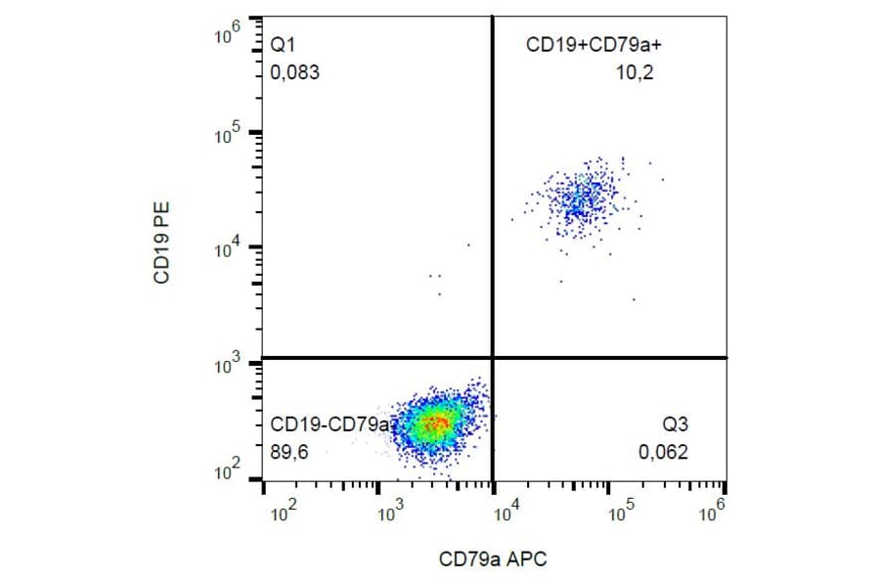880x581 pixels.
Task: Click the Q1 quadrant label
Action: (282, 46)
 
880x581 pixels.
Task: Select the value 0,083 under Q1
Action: (294, 72)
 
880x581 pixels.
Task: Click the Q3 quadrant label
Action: (675, 425)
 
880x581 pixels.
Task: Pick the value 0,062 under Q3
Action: (664, 452)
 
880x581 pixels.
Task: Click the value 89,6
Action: (290, 452)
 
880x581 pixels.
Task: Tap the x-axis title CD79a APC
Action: (493, 559)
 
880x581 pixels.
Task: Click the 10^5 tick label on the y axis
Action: (227, 135)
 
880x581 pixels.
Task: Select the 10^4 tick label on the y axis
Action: (227, 250)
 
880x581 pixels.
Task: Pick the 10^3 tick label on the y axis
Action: (227, 365)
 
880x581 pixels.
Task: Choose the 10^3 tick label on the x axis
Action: (390, 512)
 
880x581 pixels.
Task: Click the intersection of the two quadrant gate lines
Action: (492, 358)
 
